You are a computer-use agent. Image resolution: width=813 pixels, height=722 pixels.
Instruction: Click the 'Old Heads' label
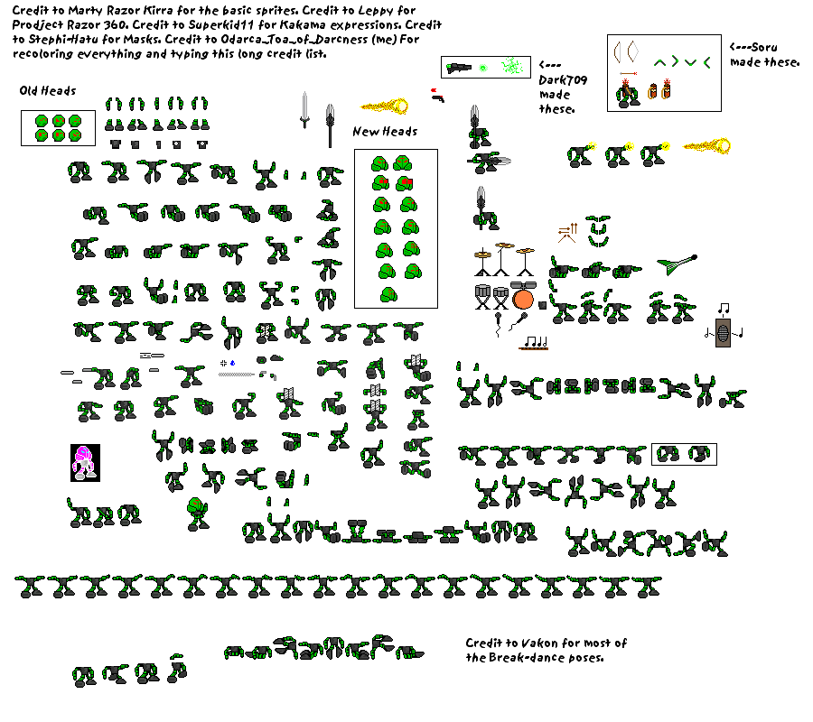click(48, 91)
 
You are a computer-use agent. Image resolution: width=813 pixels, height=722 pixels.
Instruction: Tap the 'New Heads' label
click(385, 132)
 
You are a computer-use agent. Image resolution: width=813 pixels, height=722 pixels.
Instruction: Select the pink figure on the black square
click(85, 462)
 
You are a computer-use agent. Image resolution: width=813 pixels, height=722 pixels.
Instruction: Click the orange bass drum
click(523, 300)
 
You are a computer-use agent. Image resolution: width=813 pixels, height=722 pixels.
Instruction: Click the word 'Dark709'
click(563, 80)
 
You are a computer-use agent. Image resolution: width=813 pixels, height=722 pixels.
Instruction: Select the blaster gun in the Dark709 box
click(458, 68)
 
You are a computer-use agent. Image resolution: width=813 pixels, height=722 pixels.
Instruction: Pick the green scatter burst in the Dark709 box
click(512, 66)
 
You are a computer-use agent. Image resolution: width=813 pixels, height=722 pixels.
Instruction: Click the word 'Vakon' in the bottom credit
click(539, 643)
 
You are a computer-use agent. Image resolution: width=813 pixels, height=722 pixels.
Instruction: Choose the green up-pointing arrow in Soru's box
click(659, 63)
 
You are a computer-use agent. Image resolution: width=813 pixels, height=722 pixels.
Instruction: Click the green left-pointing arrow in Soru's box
click(706, 62)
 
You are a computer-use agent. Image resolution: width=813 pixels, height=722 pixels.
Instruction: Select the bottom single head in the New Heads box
click(388, 295)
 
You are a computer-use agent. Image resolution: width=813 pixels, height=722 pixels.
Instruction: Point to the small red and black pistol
click(436, 96)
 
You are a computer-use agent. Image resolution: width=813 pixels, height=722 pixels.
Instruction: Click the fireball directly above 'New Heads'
click(385, 106)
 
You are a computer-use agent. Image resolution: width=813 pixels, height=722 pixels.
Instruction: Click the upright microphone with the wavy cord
click(499, 324)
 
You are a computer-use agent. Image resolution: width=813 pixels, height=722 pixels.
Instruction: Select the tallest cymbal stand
click(502, 260)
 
